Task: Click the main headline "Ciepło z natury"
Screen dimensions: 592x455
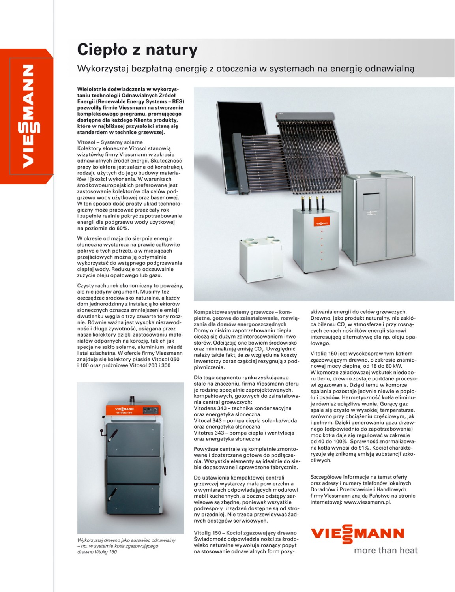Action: [x=137, y=50]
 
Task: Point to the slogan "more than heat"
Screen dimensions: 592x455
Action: [x=386, y=550]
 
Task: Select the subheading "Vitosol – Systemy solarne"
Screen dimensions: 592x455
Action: [x=110, y=142]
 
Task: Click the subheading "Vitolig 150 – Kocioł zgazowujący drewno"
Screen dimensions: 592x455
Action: [x=245, y=533]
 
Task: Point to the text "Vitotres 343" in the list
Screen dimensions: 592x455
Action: [x=209, y=433]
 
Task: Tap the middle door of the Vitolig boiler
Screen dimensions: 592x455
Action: [x=133, y=470]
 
